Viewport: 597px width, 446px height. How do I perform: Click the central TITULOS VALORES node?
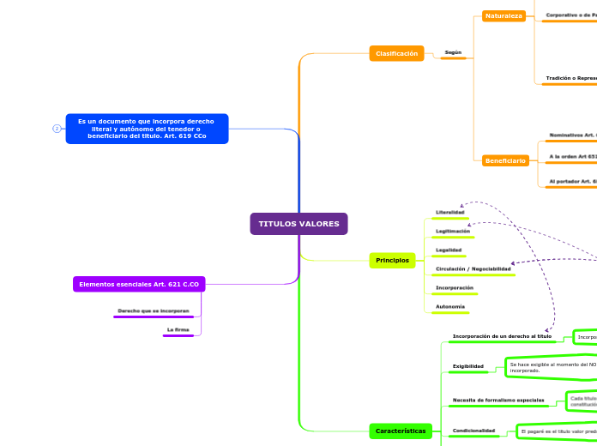pos(298,224)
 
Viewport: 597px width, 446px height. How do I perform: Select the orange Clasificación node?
pos(396,53)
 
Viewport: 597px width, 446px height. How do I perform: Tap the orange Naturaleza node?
pos(504,15)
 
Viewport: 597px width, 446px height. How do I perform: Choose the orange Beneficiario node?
pos(504,160)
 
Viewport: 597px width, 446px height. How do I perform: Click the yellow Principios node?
pos(392,260)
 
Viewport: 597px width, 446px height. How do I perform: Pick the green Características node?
pos(401,431)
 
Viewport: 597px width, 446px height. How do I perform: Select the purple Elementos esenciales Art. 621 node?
pos(139,284)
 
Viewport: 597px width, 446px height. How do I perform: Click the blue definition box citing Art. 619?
pos(147,129)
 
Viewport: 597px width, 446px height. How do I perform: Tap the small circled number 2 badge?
pos(57,129)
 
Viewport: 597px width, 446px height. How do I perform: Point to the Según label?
pos(453,52)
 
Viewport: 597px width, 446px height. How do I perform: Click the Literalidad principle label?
pos(450,212)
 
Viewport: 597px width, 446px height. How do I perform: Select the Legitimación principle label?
pos(453,231)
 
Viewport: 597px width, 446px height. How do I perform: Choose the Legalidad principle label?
pos(449,250)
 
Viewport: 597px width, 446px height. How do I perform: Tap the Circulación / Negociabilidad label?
pos(473,268)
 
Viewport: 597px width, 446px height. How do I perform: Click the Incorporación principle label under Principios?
pos(455,287)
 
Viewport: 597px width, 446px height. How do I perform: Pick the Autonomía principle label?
pos(450,306)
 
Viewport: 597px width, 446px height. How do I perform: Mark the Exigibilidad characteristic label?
pos(468,366)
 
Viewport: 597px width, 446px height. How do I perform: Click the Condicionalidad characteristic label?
pos(473,430)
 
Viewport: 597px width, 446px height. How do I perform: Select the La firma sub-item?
pos(178,328)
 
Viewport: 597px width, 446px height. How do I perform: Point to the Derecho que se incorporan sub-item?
pos(154,310)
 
